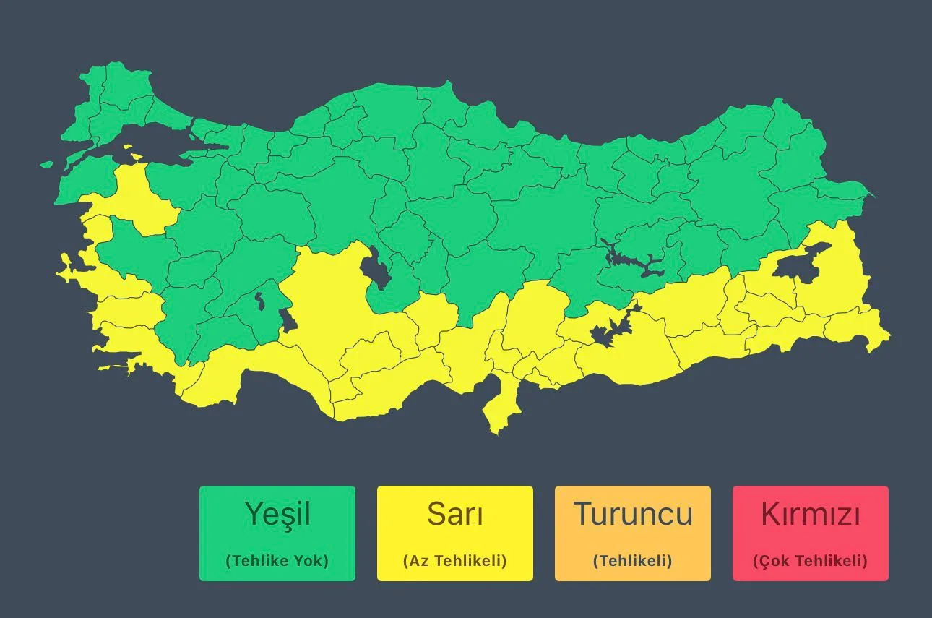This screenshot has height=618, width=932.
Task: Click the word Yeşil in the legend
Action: click(277, 514)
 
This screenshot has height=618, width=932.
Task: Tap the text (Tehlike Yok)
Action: click(277, 561)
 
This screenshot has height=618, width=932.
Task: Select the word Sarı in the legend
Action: click(455, 514)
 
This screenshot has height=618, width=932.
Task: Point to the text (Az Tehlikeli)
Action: click(455, 561)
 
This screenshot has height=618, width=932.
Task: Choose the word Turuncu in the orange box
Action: click(633, 514)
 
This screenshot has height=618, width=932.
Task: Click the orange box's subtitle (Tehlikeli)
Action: click(633, 561)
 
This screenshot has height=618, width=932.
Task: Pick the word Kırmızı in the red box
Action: click(811, 514)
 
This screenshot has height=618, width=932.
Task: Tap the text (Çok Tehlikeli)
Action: click(811, 561)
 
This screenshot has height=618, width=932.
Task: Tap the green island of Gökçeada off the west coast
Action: click(47, 164)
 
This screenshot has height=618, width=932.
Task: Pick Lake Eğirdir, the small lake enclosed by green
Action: click(259, 300)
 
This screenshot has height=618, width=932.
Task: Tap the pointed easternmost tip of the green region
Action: click(873, 195)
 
